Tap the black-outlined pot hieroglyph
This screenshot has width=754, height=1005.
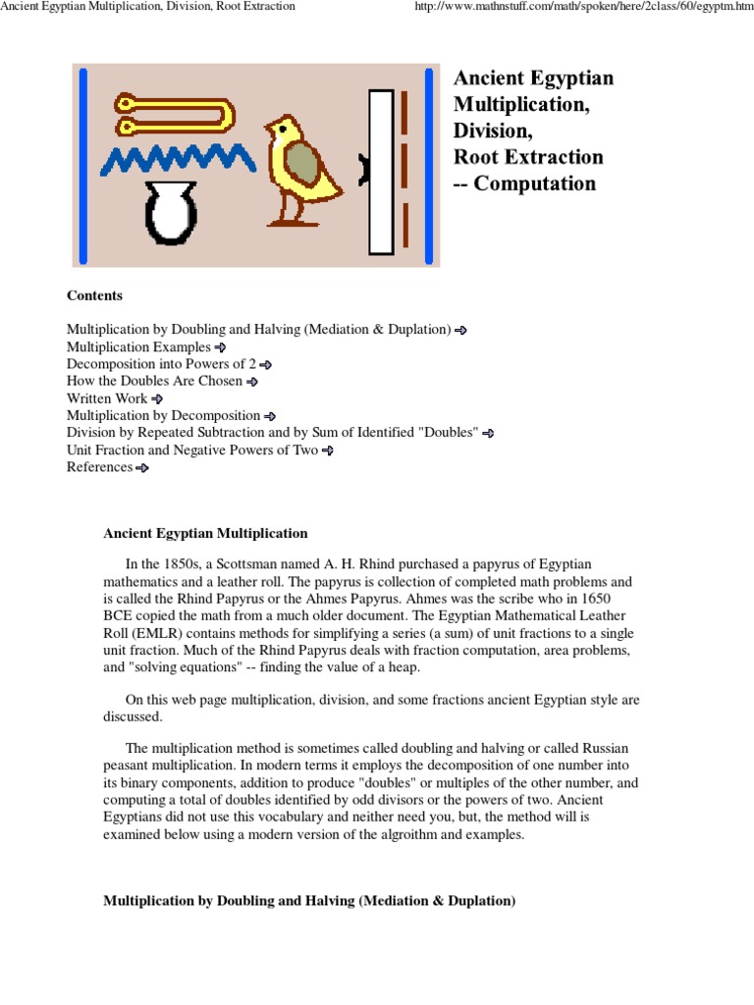pyautogui.click(x=171, y=214)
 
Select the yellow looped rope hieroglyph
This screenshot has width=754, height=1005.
pyautogui.click(x=173, y=113)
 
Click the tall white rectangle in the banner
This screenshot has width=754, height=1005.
pyautogui.click(x=381, y=172)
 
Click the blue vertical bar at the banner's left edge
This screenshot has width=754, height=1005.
pyautogui.click(x=82, y=165)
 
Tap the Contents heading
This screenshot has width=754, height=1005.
pyautogui.click(x=94, y=295)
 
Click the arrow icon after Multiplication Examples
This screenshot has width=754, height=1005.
pyautogui.click(x=221, y=347)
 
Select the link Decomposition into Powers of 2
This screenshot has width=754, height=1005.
pyautogui.click(x=161, y=364)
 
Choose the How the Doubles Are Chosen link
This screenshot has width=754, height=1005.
pyautogui.click(x=155, y=381)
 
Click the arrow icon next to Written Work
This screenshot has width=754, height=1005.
pyautogui.click(x=157, y=398)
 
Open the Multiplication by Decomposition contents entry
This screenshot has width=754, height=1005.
pyautogui.click(x=163, y=415)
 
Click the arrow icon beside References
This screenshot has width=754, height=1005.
pyautogui.click(x=142, y=468)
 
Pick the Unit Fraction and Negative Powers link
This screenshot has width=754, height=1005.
pyautogui.click(x=192, y=450)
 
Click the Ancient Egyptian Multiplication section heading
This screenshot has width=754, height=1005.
pyautogui.click(x=205, y=533)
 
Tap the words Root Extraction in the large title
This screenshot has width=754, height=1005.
pyautogui.click(x=528, y=157)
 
